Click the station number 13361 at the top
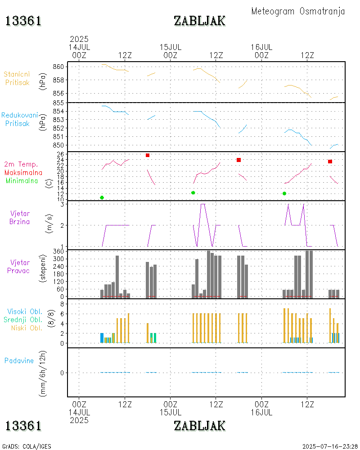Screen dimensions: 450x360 (23, 21)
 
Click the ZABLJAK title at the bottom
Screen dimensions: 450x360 (199, 425)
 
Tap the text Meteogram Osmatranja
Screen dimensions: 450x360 (298, 11)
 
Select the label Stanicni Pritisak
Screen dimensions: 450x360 (17, 78)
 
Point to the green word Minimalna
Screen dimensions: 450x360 (24, 180)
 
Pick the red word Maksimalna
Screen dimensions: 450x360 (23, 172)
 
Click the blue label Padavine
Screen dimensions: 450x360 (19, 360)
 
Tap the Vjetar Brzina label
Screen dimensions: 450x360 (20, 217)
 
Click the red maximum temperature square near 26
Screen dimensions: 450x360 (148, 155)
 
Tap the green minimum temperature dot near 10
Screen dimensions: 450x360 (102, 198)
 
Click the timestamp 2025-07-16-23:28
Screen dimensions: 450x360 (330, 446)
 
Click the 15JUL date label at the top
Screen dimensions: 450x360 (171, 47)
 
